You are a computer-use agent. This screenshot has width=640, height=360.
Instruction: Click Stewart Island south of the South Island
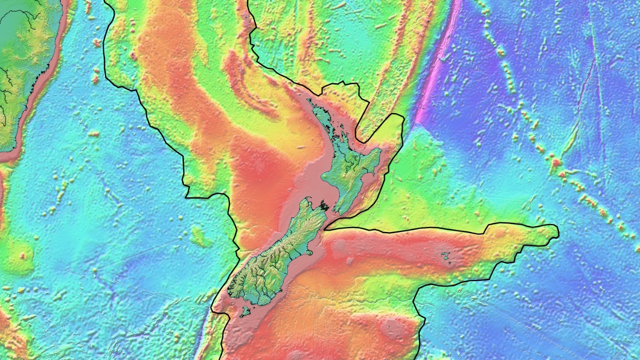[x=245, y=311]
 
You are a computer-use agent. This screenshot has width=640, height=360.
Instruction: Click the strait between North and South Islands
[x=331, y=209]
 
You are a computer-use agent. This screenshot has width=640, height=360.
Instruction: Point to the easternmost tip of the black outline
[x=557, y=231]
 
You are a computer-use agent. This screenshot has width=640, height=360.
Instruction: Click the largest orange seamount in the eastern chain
[x=556, y=162]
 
